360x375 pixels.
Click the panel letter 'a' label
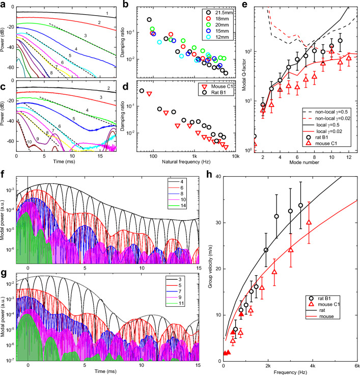[x=3, y=4]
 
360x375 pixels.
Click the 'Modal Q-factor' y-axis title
[x=245, y=79]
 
